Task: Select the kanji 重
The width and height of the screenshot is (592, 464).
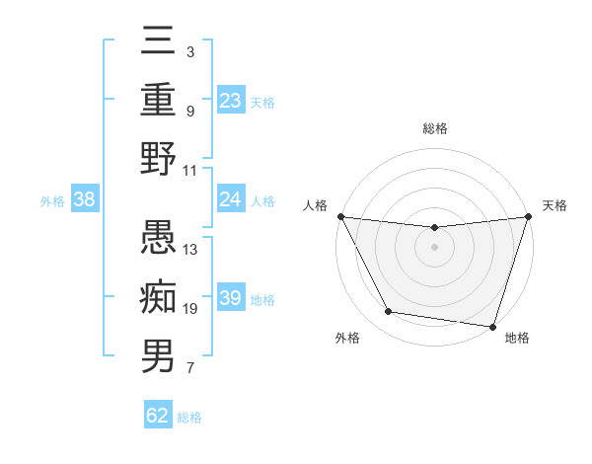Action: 158,102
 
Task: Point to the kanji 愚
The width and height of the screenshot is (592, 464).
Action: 158,238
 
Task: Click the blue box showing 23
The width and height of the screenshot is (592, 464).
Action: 231,100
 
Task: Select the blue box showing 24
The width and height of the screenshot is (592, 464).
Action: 231,200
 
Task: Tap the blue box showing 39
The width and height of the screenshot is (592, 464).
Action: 231,298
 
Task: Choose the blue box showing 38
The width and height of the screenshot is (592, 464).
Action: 85,200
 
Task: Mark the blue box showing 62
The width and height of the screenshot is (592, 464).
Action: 158,416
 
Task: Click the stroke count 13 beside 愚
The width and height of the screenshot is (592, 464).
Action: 190,250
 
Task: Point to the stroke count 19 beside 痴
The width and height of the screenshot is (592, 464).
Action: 190,309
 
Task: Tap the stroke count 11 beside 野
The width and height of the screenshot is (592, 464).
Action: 190,170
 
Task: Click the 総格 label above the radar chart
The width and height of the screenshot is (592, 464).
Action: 435,129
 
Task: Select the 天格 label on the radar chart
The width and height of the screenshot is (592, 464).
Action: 555,206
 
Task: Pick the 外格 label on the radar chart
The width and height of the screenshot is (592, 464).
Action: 347,338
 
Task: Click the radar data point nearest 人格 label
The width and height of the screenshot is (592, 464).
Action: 340,216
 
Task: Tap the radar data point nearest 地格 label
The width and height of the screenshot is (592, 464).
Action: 492,326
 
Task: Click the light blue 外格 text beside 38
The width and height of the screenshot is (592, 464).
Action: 52,201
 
